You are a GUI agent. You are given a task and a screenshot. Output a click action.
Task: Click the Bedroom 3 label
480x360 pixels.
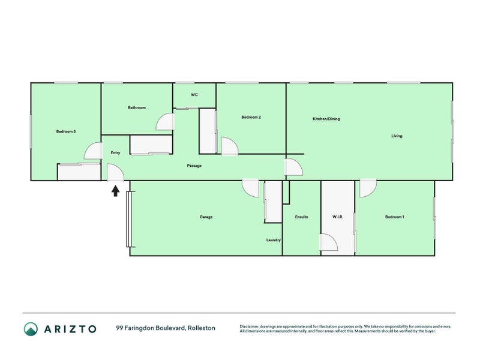coord(66,131)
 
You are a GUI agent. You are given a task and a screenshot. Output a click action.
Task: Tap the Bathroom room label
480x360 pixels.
coord(137,107)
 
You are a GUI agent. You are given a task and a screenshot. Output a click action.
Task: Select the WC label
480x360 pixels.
coord(194,95)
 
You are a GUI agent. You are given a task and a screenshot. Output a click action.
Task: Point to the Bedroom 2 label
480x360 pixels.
coord(251,117)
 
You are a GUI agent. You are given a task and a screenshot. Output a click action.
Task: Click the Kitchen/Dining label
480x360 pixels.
coord(326,119)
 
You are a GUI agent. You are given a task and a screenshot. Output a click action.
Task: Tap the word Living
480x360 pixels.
coord(397,136)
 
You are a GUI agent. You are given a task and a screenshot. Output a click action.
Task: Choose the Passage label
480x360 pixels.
coord(194,166)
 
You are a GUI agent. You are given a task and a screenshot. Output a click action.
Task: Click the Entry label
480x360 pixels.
coord(115,153)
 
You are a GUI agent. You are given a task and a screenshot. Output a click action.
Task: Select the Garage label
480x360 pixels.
coord(206,217)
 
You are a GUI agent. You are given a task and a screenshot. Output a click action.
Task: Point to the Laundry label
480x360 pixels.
coord(274,240)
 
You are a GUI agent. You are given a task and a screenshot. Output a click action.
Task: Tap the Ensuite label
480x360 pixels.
coord(302,217)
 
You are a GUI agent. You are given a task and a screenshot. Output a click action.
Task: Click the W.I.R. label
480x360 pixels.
coord(338,217)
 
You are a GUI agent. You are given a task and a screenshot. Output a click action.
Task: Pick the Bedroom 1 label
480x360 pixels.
coord(395,217)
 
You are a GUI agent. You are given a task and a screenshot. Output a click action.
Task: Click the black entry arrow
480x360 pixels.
coord(115,191)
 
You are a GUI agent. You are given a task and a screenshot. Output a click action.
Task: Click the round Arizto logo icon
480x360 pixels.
coord(31,329)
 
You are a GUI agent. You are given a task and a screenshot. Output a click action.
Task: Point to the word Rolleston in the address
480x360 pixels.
coord(202,328)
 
